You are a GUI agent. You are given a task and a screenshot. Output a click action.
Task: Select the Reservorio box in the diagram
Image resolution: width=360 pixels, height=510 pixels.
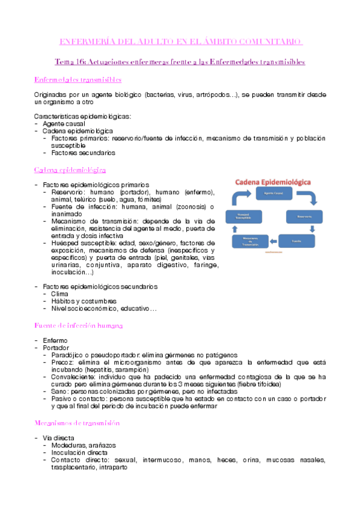(x=304, y=215)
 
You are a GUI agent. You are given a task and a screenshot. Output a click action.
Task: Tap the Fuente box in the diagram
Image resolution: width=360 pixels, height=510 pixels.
(x=296, y=241)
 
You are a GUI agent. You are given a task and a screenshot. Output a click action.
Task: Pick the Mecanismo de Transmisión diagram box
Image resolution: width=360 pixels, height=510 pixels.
(x=251, y=242)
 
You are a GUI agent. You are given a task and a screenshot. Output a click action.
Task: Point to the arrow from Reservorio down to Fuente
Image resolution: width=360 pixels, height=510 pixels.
(x=313, y=229)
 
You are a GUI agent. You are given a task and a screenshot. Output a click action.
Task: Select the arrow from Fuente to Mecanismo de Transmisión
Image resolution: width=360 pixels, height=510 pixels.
(x=274, y=242)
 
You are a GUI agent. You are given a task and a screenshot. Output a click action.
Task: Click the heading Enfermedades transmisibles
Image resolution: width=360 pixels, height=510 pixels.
(x=78, y=79)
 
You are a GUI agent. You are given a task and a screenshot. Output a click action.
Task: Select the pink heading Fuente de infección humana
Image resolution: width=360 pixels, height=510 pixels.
(x=79, y=325)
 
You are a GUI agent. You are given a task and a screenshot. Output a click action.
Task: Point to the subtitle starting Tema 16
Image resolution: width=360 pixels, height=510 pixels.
(x=180, y=61)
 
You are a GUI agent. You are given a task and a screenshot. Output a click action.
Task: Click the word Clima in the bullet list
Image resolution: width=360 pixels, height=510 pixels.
(x=59, y=294)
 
